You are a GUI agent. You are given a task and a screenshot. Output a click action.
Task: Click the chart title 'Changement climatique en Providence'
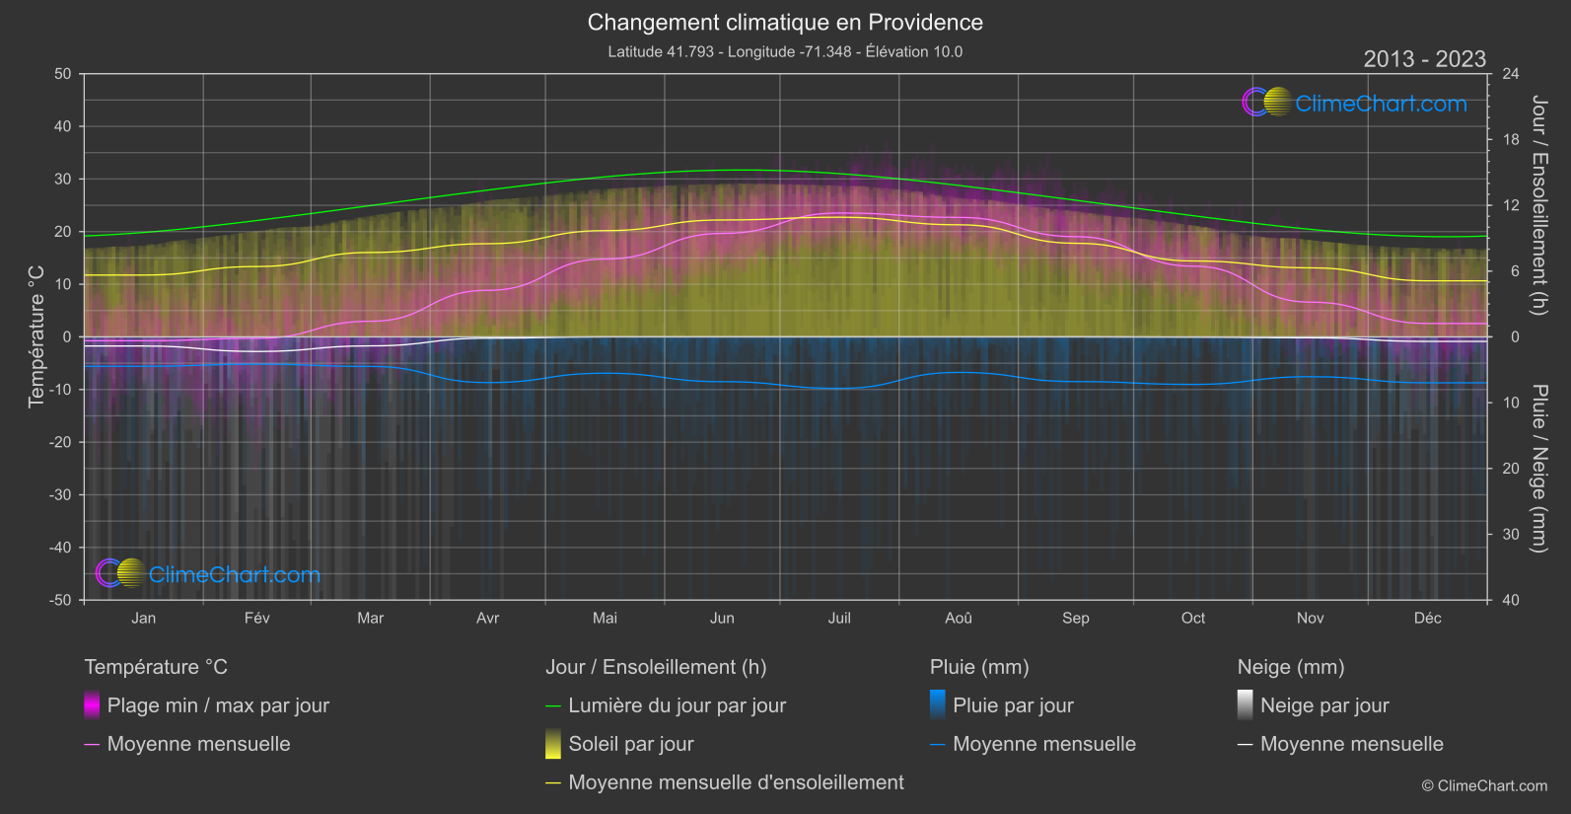(785, 23)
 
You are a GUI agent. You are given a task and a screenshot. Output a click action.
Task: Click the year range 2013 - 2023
(1424, 59)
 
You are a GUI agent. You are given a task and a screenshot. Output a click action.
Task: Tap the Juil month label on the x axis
(839, 619)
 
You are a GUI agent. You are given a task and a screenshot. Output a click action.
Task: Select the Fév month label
(256, 619)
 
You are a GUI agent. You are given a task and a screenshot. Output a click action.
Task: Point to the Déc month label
(1427, 619)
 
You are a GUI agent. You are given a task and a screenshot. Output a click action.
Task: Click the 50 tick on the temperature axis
(63, 74)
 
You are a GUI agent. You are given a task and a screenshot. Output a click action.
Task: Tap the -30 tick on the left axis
(61, 495)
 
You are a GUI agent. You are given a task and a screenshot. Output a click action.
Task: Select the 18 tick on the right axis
(1511, 140)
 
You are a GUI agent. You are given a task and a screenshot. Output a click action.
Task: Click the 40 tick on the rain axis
(1511, 600)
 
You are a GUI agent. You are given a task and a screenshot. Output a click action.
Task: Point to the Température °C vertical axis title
(36, 336)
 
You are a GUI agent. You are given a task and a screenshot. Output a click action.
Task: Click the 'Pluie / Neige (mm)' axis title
(1538, 469)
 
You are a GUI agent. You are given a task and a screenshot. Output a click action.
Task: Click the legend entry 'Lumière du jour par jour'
(677, 705)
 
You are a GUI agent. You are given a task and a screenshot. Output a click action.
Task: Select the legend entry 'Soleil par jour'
(631, 744)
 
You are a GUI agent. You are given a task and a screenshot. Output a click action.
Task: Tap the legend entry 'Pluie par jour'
(1013, 705)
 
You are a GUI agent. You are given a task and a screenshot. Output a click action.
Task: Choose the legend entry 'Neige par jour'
(1324, 705)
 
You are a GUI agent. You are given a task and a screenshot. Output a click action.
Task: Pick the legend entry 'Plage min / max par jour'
(218, 705)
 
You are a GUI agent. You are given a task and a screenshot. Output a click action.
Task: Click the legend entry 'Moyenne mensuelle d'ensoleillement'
(736, 782)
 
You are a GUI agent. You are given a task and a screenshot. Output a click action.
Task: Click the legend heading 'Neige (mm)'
(1291, 667)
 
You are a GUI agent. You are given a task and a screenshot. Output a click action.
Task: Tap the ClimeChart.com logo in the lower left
(208, 573)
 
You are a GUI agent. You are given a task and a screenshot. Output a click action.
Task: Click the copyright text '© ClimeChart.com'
(1484, 786)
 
